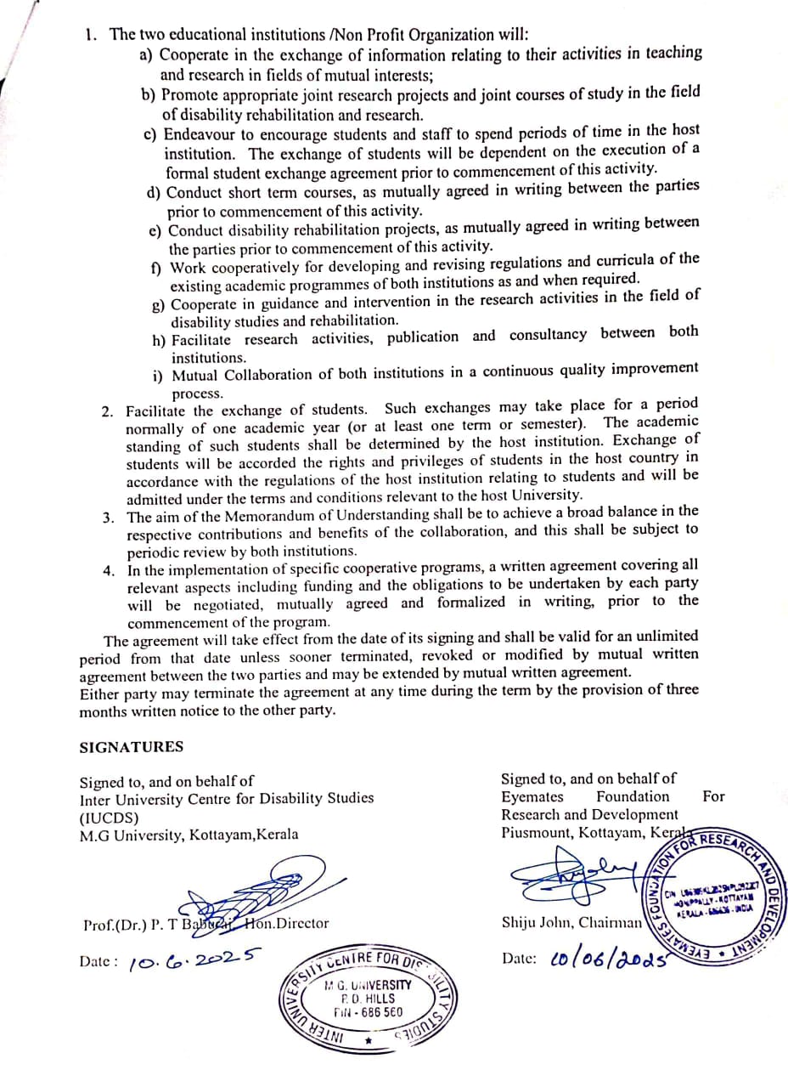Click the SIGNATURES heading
131,747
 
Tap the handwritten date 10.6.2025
194,960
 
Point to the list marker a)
147,54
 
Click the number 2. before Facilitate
108,411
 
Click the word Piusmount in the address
537,832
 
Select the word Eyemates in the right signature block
532,796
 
